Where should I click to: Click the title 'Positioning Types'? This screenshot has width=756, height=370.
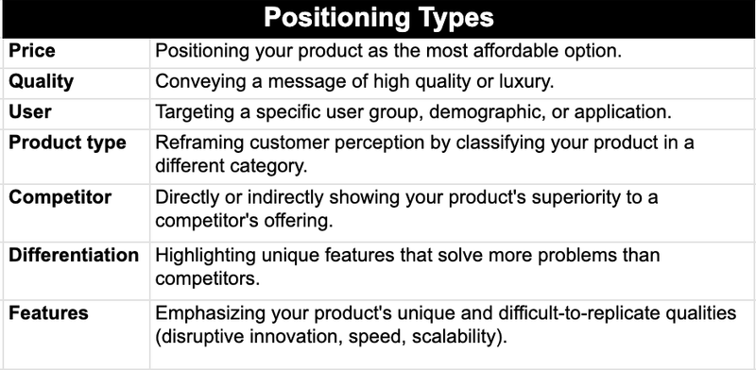pyautogui.click(x=378, y=18)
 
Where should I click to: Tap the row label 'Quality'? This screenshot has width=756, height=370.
pyautogui.click(x=41, y=81)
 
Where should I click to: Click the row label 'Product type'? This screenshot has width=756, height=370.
pyautogui.click(x=66, y=143)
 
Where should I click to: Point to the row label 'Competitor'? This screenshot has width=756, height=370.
pyautogui.click(x=60, y=197)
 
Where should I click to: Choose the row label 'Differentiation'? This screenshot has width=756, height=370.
pyautogui.click(x=74, y=255)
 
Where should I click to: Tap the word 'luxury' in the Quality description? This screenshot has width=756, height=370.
pyautogui.click(x=484, y=81)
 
